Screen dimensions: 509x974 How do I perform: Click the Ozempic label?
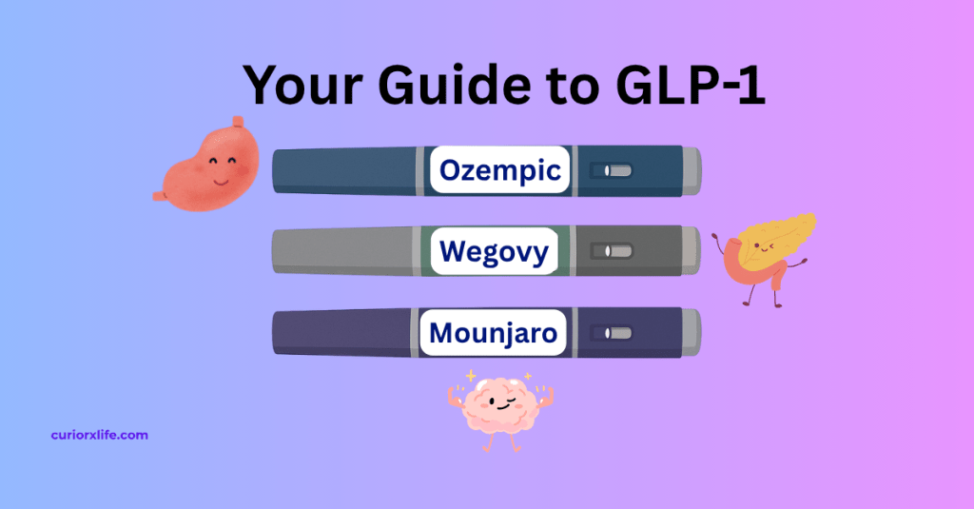click(500, 171)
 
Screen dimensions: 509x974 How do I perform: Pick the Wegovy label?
click(494, 252)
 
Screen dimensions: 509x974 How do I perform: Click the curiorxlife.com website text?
click(99, 435)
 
